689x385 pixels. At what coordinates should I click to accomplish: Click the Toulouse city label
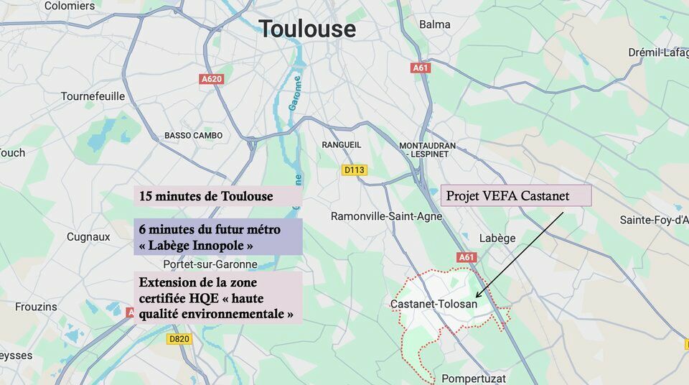click(x=307, y=29)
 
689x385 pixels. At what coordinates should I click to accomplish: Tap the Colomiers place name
click(x=70, y=6)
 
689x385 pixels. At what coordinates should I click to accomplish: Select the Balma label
click(x=435, y=24)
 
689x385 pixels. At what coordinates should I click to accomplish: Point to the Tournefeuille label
click(x=93, y=96)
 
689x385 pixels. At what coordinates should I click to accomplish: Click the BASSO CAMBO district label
click(x=193, y=135)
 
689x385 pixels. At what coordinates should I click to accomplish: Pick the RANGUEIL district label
click(x=342, y=144)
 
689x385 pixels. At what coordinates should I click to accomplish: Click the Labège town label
click(x=497, y=238)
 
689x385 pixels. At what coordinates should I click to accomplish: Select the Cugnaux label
click(x=88, y=237)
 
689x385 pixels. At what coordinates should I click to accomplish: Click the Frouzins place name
click(x=36, y=307)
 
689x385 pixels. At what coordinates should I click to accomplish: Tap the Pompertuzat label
click(x=474, y=378)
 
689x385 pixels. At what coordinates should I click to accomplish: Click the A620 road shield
click(x=211, y=79)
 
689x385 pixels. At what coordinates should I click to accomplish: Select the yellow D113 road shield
click(x=355, y=170)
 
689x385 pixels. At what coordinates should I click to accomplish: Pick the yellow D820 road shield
click(x=179, y=339)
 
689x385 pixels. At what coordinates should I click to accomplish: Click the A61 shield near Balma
click(x=421, y=68)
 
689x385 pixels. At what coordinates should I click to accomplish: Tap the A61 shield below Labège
click(x=467, y=257)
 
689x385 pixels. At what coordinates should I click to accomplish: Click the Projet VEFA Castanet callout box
click(x=515, y=195)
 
